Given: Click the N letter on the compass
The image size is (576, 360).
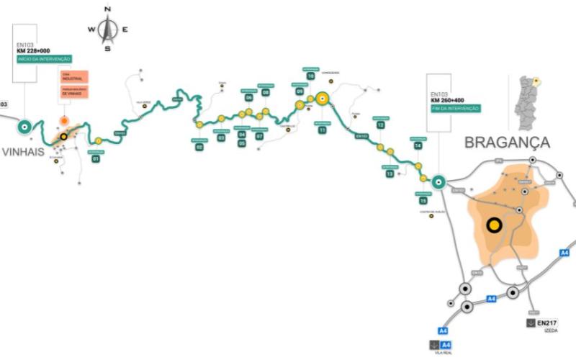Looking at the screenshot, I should tap(108, 9).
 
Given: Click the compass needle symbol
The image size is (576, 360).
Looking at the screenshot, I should tap(108, 29).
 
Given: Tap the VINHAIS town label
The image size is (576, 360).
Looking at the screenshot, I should tap(23, 151).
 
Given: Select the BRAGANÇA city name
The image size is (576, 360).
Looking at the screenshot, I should tap(507, 142).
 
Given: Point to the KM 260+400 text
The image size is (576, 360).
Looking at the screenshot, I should tap(448, 100).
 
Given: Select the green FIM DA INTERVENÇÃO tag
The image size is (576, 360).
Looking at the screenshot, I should tap(455, 108).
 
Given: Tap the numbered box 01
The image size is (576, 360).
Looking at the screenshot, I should tap(95, 158).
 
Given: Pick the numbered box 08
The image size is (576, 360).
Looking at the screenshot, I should tap(266, 92).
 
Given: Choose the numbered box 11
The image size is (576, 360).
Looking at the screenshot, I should tap(322, 130).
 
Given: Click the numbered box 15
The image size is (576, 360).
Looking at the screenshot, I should tap(423, 200).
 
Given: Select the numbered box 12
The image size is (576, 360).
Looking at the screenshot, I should tap(380, 125).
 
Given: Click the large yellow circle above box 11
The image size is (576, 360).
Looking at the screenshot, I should tap(322, 99).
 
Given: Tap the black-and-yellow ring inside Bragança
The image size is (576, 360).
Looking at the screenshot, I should tap(494, 225).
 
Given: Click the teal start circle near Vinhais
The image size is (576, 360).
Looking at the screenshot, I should tap(23, 127).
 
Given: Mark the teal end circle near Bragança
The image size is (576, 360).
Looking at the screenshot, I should tap(438, 183).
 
